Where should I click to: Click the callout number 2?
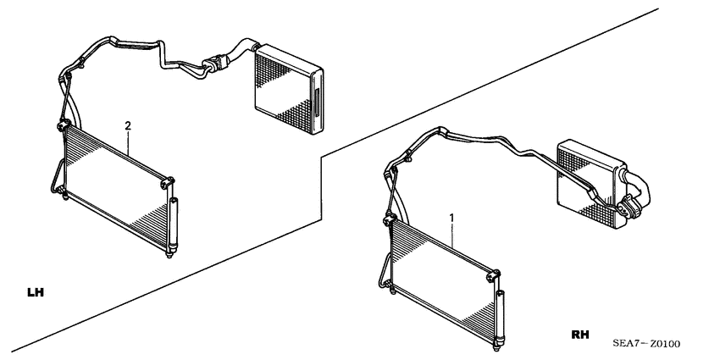[128, 126]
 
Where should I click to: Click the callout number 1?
[452, 218]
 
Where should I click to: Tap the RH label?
[580, 335]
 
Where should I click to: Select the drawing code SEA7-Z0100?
[646, 343]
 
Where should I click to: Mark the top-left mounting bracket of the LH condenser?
[62, 128]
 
